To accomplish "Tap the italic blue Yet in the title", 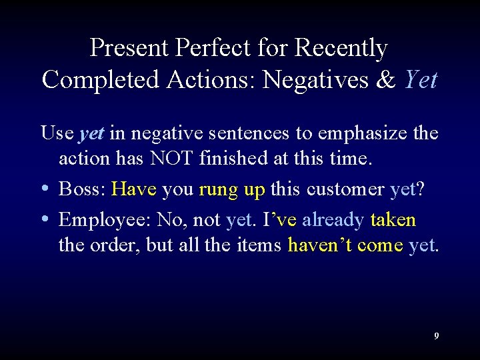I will [x=421, y=80].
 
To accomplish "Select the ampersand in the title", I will [x=386, y=80].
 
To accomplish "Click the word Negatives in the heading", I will [x=316, y=80].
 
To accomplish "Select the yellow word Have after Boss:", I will [x=134, y=189].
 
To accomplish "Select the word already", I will [x=333, y=219].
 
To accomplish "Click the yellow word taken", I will [x=393, y=219].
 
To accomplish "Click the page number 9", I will [x=437, y=336].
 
